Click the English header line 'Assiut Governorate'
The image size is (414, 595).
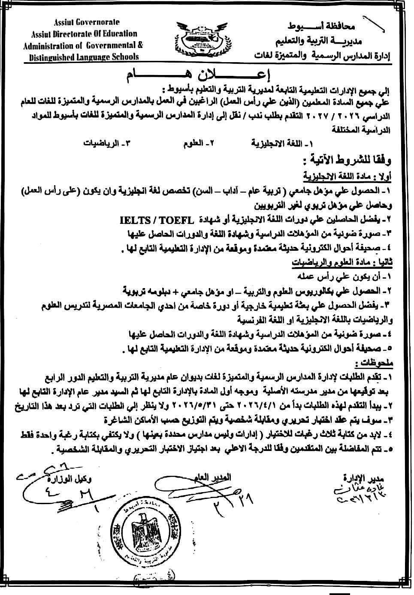[x=87, y=22]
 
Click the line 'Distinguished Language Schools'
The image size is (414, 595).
[x=82, y=57]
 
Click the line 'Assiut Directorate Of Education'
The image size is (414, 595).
[x=84, y=34]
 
